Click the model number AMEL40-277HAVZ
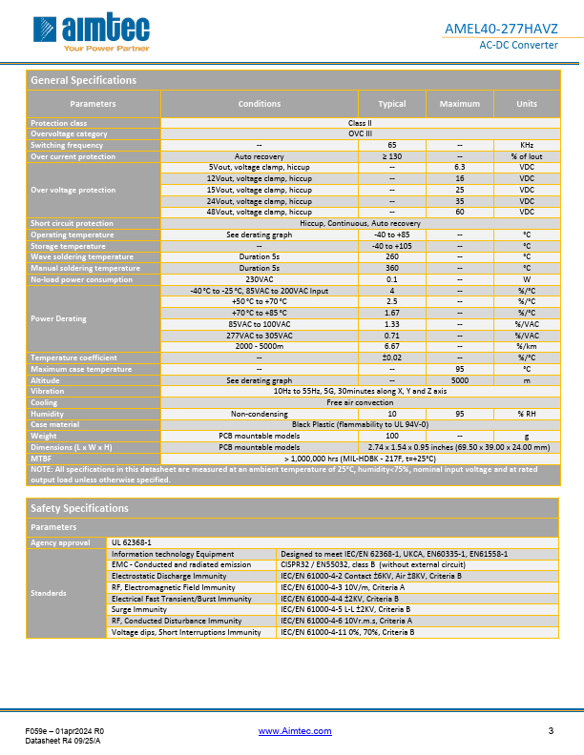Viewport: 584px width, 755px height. [x=513, y=29]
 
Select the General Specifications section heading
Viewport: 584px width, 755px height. [x=84, y=80]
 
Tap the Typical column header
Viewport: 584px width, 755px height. [x=391, y=103]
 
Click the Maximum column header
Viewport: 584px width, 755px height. [x=459, y=103]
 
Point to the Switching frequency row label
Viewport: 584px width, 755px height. [x=67, y=145]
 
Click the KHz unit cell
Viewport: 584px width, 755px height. [x=527, y=145]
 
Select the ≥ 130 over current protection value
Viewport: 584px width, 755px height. [x=391, y=155]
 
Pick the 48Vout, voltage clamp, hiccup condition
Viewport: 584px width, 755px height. [x=260, y=213]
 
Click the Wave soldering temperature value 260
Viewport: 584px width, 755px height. [x=391, y=256]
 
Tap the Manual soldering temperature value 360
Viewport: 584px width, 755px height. [x=391, y=268]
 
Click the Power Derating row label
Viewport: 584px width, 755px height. [x=58, y=318]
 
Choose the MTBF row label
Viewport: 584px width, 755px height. [x=42, y=459]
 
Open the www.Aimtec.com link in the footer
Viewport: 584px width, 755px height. [x=295, y=731]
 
